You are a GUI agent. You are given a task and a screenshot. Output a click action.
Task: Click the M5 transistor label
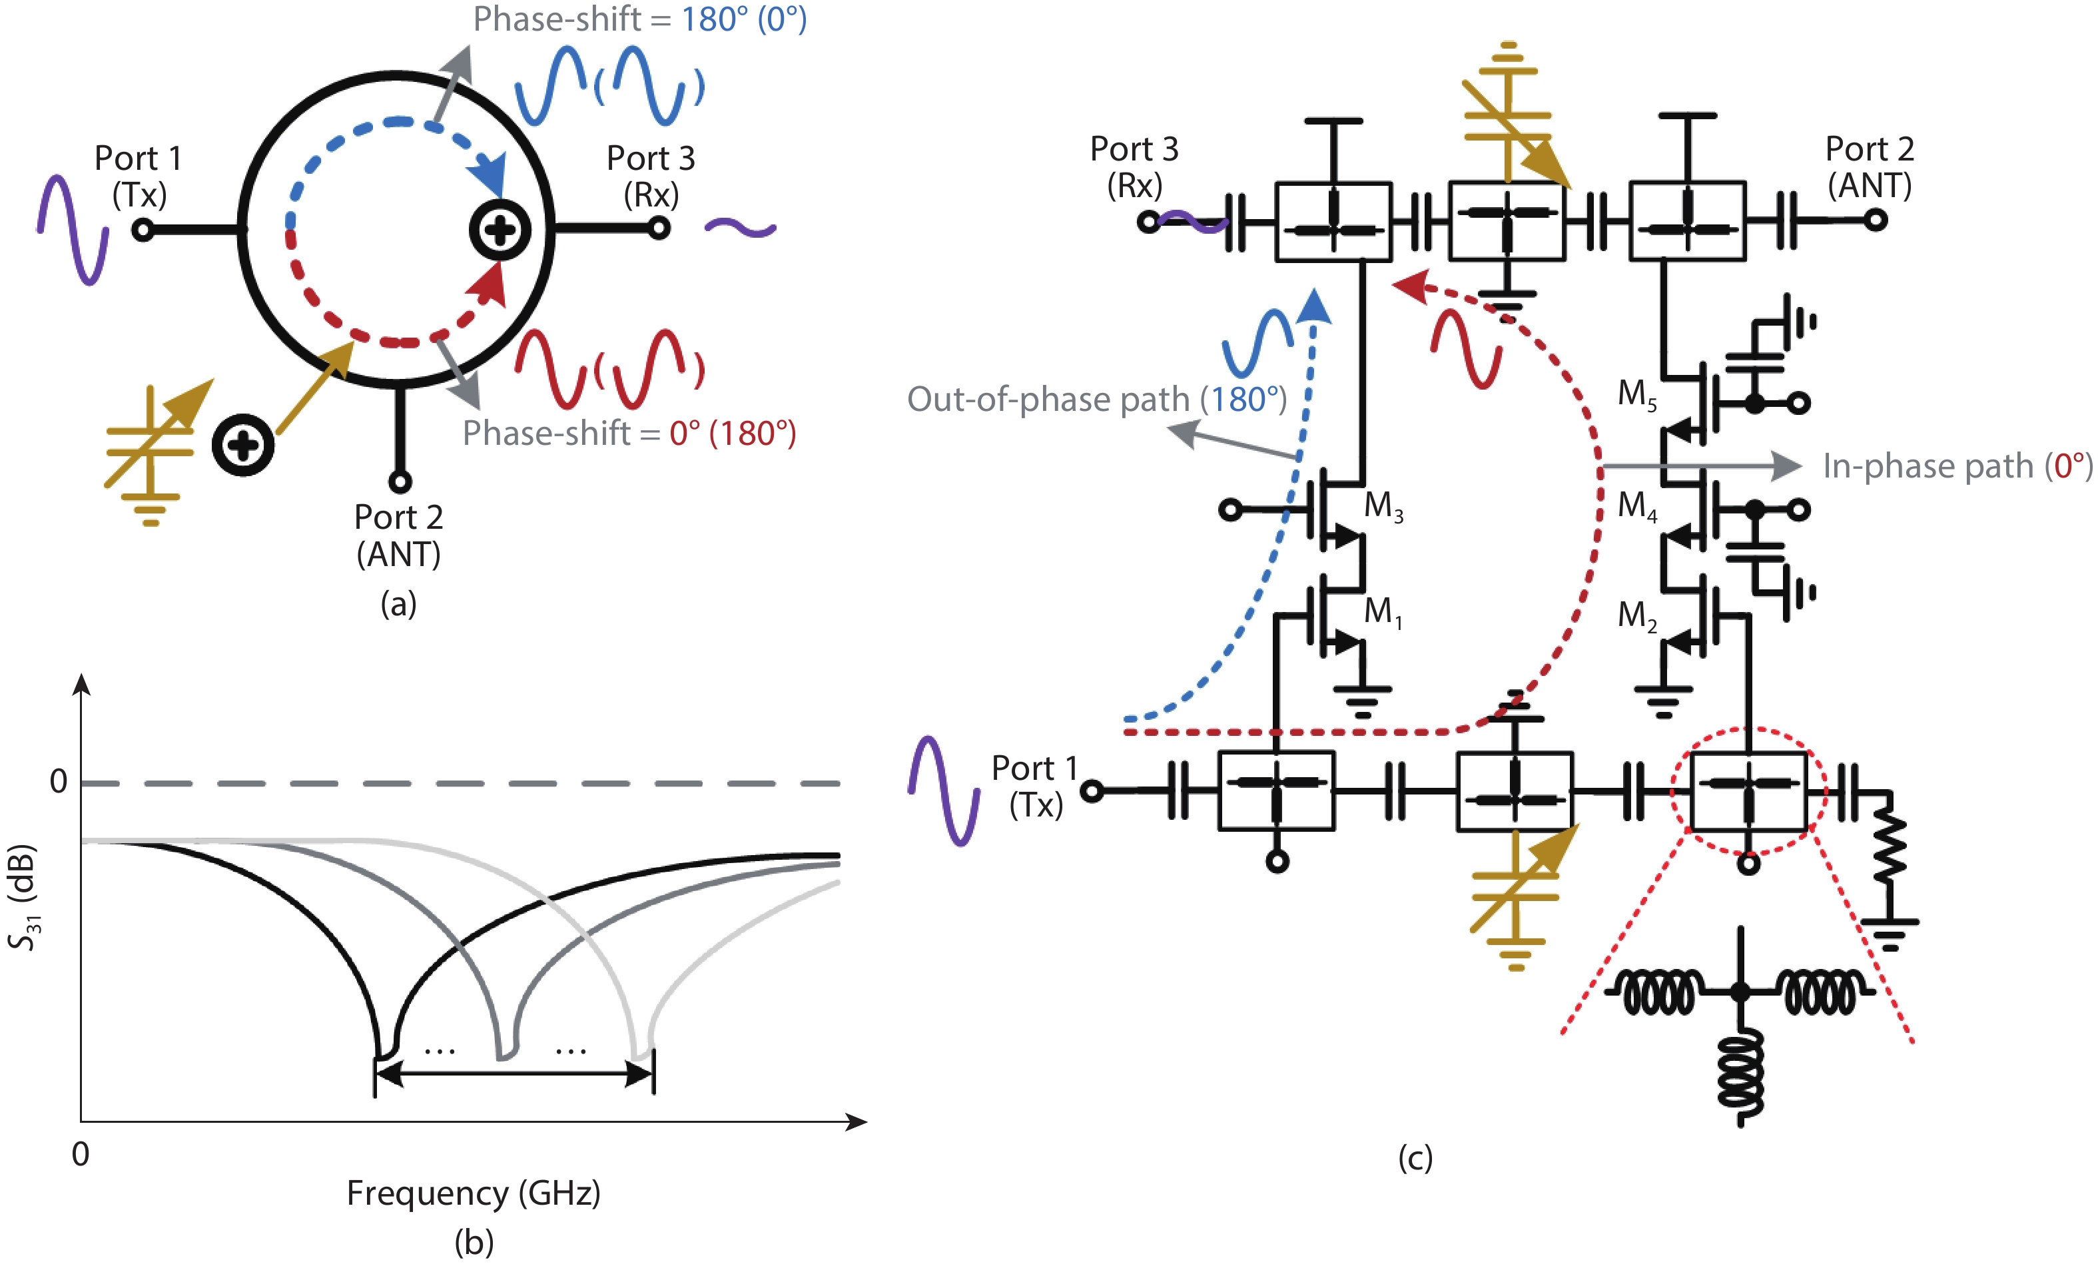point(1637,395)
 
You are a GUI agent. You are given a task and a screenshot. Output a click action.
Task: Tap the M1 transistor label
point(1383,612)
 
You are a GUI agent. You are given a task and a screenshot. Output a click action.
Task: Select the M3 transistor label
point(1383,506)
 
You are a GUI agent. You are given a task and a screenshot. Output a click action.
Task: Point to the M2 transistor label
point(1637,615)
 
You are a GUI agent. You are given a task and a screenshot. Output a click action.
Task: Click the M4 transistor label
point(1637,506)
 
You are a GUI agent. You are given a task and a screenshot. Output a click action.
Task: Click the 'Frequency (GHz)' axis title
point(474,1193)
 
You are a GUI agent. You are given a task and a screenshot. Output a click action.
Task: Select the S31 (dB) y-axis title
point(23,897)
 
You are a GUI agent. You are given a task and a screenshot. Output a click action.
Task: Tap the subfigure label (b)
point(474,1243)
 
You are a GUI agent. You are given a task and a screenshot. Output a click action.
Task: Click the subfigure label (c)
point(1415,1157)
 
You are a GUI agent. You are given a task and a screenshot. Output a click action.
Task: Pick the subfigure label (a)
point(398,603)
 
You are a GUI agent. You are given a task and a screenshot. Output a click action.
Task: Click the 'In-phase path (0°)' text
point(1957,466)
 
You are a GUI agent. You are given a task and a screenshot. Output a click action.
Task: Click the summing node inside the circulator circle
point(500,230)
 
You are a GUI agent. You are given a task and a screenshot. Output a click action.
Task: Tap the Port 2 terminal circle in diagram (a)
point(400,481)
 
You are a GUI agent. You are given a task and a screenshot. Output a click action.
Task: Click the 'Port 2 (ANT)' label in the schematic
point(1870,167)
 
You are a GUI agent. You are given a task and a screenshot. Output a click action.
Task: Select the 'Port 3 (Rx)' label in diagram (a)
point(651,176)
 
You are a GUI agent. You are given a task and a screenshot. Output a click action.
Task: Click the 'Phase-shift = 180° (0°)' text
point(639,19)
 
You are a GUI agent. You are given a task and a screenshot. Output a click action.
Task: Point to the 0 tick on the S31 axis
point(58,781)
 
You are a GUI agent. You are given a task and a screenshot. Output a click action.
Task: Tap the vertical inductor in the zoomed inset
point(1741,1077)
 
